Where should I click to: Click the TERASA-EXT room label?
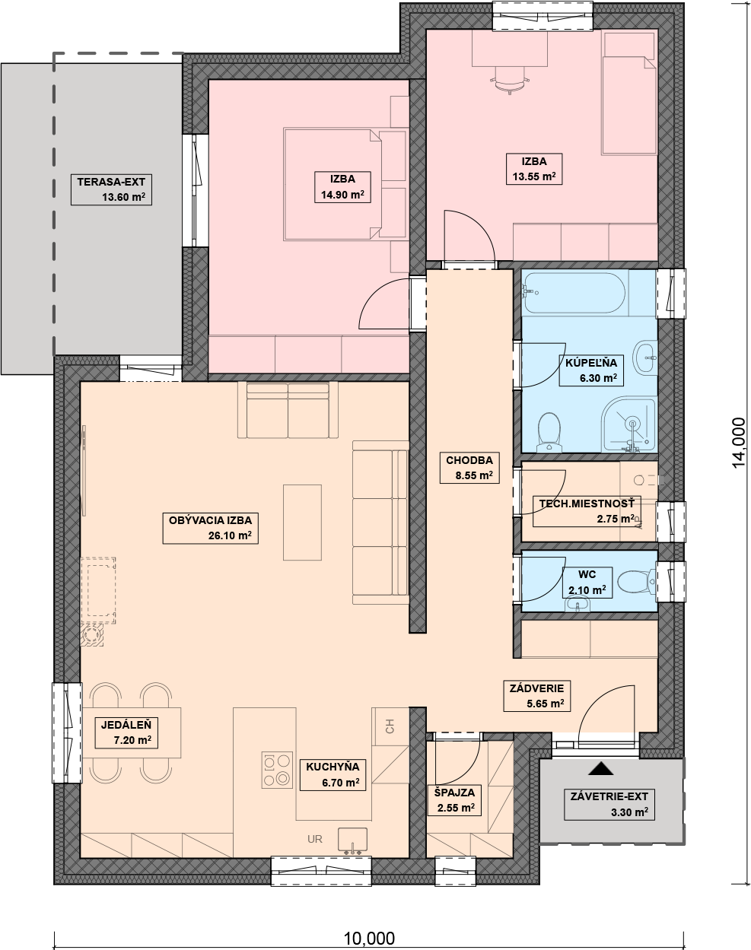coord(111,189)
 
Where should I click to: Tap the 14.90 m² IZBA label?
coord(342,187)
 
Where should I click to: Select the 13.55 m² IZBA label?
coord(534,169)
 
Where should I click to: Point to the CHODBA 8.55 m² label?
coord(469,468)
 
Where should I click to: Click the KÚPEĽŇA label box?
coord(591,370)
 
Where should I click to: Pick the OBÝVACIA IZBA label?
coord(210,528)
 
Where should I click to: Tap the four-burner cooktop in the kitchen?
coord(277,770)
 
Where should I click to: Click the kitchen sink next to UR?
coord(352,840)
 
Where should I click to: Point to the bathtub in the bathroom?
coord(574,293)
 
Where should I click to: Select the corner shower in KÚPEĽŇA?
coord(628,424)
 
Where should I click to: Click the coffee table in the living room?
coord(302,523)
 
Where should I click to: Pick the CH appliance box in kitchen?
coord(390,726)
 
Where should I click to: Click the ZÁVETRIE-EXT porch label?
coord(609,804)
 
